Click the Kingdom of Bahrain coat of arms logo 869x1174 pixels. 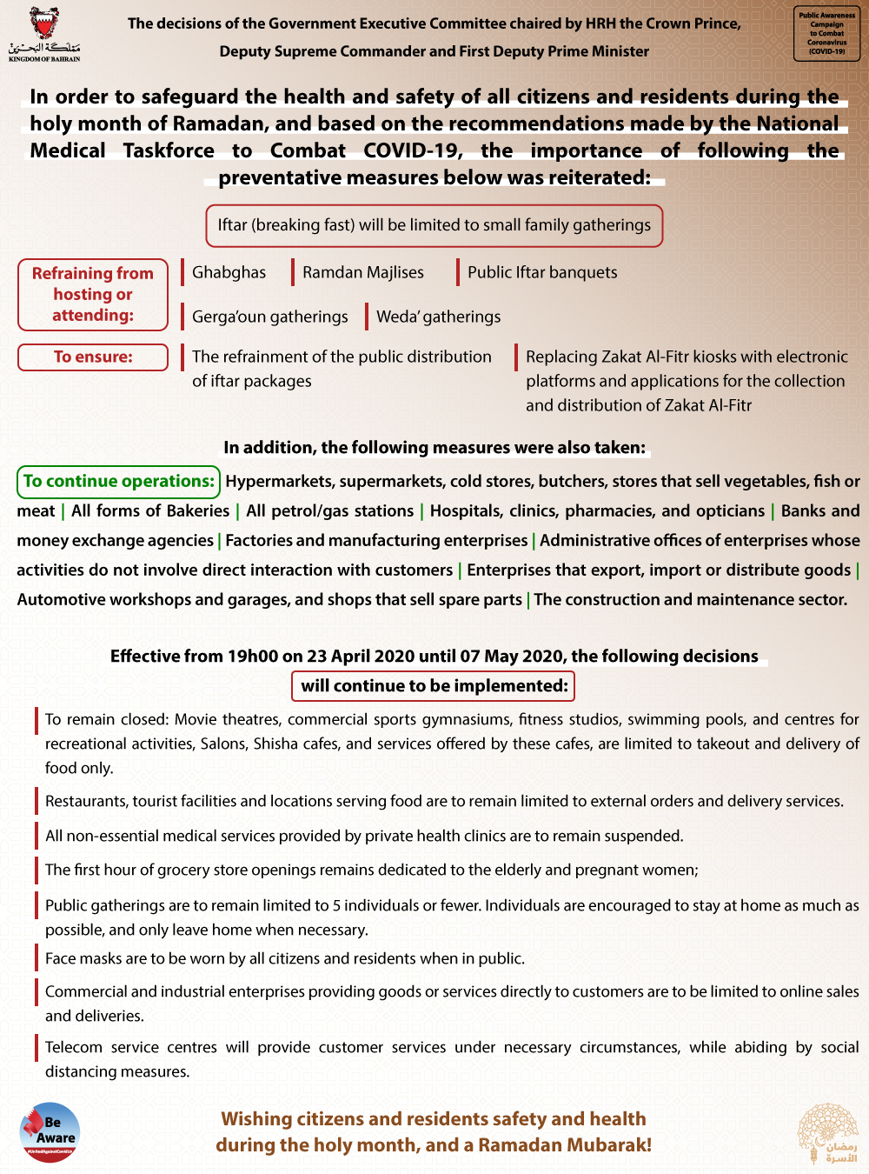click(x=44, y=33)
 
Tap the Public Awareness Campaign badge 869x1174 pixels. click(x=826, y=34)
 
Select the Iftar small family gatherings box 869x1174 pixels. click(x=434, y=225)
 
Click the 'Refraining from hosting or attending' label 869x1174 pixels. click(x=93, y=294)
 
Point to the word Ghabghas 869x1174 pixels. click(x=229, y=272)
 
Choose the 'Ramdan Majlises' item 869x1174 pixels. click(x=362, y=272)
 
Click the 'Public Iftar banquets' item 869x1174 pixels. click(x=542, y=272)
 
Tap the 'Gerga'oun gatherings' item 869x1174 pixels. click(x=269, y=317)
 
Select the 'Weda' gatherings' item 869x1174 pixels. click(x=438, y=317)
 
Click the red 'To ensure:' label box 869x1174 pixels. click(x=93, y=357)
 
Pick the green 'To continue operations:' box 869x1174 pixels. click(x=118, y=481)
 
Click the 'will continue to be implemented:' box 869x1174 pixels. click(x=433, y=685)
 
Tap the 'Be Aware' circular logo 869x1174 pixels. click(x=50, y=1132)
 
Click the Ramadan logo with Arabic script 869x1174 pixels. click(x=828, y=1132)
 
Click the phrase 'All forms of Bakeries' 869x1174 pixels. click(x=150, y=510)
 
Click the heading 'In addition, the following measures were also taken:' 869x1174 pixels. click(x=434, y=447)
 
